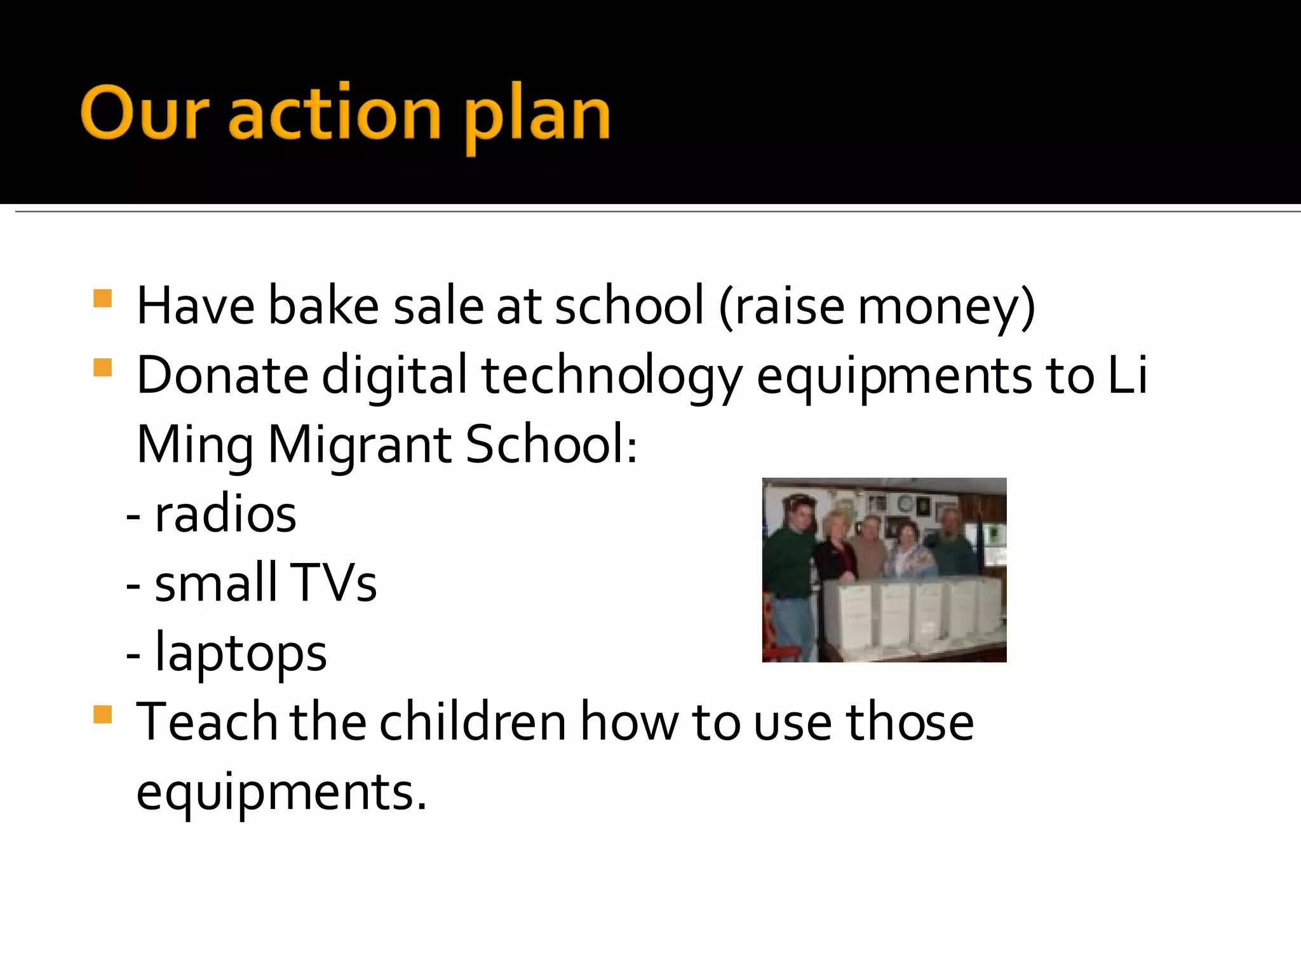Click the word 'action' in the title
click(x=334, y=114)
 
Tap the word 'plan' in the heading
click(x=537, y=118)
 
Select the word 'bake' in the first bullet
click(x=323, y=306)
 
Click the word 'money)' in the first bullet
click(x=947, y=308)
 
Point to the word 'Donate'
click(x=222, y=375)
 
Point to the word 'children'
click(x=473, y=722)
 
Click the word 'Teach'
click(x=206, y=722)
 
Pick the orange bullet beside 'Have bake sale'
click(x=102, y=299)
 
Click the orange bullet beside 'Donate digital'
click(x=102, y=368)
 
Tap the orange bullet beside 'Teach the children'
click(x=102, y=715)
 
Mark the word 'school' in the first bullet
click(x=629, y=306)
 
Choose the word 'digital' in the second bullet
click(x=394, y=377)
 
